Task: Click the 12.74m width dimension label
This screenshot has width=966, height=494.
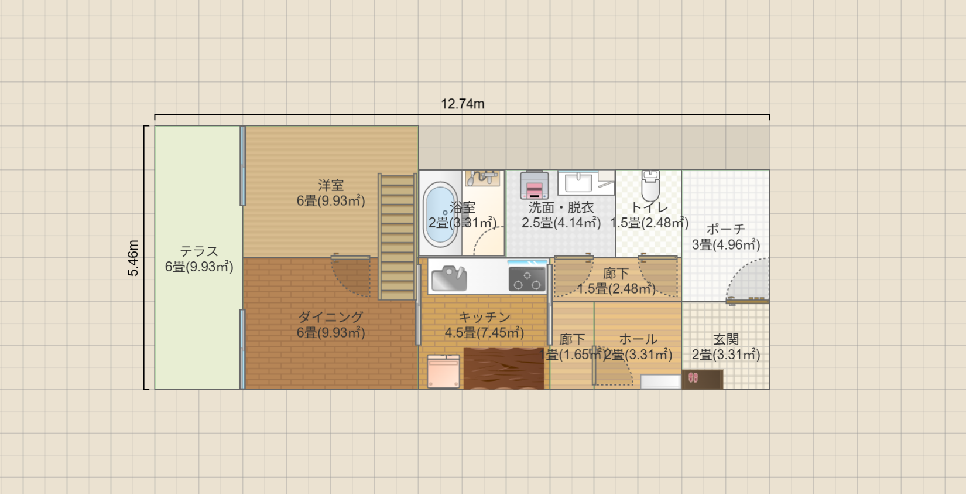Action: tap(463, 104)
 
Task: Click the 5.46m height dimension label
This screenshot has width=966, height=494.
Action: tap(133, 258)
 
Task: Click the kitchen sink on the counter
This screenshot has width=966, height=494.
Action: tap(448, 278)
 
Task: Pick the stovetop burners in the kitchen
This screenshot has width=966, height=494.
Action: tap(527, 279)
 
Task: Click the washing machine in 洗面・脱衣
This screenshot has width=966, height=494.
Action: tap(534, 185)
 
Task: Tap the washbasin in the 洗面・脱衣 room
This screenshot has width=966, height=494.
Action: tap(578, 182)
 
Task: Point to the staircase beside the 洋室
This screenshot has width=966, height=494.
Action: tap(398, 237)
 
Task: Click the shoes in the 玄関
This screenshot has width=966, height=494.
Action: tap(693, 378)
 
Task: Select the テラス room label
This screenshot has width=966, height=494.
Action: tap(199, 251)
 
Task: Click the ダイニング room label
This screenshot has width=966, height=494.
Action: tap(331, 317)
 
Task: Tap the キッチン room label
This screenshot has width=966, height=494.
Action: tap(484, 317)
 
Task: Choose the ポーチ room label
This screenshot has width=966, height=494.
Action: tap(726, 229)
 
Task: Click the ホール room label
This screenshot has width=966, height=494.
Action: tap(638, 339)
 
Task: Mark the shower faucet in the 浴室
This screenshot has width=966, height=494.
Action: tap(483, 177)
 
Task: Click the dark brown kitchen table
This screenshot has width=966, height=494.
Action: tap(503, 369)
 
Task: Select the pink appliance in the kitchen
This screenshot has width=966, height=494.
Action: tap(443, 372)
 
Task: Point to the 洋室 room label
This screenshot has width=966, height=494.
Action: tap(331, 185)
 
